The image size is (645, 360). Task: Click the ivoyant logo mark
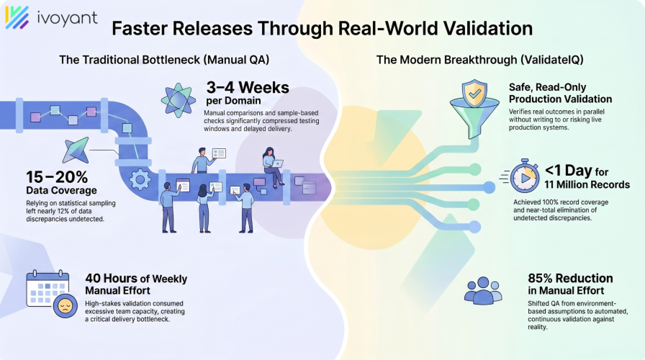(17, 17)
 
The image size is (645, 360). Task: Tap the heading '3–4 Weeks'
(247, 89)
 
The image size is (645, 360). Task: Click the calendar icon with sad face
(47, 292)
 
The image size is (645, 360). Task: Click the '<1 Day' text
(569, 171)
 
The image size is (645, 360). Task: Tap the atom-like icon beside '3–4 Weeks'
(177, 99)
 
